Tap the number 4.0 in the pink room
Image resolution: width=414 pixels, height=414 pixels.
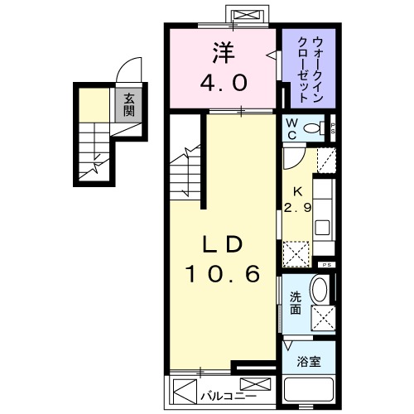point(221,84)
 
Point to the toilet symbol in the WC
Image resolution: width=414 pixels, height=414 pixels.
point(314,128)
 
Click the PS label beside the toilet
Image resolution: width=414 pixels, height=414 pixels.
point(333,128)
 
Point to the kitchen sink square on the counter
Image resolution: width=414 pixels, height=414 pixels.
point(325,226)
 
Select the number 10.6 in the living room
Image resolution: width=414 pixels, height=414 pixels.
point(221,273)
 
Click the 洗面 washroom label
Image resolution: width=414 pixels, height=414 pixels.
point(296,304)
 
